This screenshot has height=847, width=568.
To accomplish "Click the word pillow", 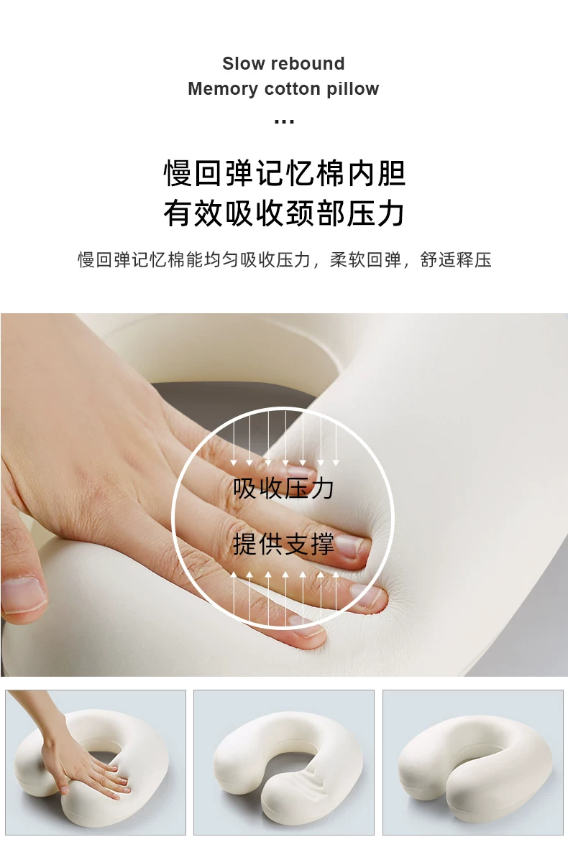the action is pos(353,88).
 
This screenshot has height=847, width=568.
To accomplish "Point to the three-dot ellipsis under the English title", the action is pos(284,122).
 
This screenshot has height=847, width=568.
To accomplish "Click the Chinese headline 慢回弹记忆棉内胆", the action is pos(284,173).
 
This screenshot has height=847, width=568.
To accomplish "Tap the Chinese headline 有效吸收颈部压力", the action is pos(284,213).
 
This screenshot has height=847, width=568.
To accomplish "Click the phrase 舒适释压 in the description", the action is pos(456,260).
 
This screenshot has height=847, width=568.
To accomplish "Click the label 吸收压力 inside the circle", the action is pos(283,488).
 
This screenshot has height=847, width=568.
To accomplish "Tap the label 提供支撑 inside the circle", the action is pos(283,543).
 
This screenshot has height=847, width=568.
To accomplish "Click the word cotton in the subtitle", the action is pos(293,89).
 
